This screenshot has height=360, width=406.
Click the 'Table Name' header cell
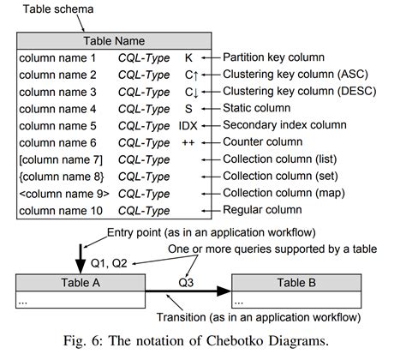tap(113, 40)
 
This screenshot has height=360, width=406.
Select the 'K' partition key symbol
tap(188, 58)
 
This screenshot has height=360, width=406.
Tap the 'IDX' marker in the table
tap(188, 126)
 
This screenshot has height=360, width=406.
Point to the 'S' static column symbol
tap(188, 109)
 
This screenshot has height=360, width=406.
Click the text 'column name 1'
tap(57, 58)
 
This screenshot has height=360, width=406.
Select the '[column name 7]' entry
tap(59, 159)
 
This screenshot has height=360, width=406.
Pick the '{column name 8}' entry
tap(59, 177)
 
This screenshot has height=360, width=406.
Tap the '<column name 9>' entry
tap(62, 194)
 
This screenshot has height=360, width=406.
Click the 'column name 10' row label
tap(60, 210)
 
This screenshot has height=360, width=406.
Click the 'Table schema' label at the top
tap(51, 9)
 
